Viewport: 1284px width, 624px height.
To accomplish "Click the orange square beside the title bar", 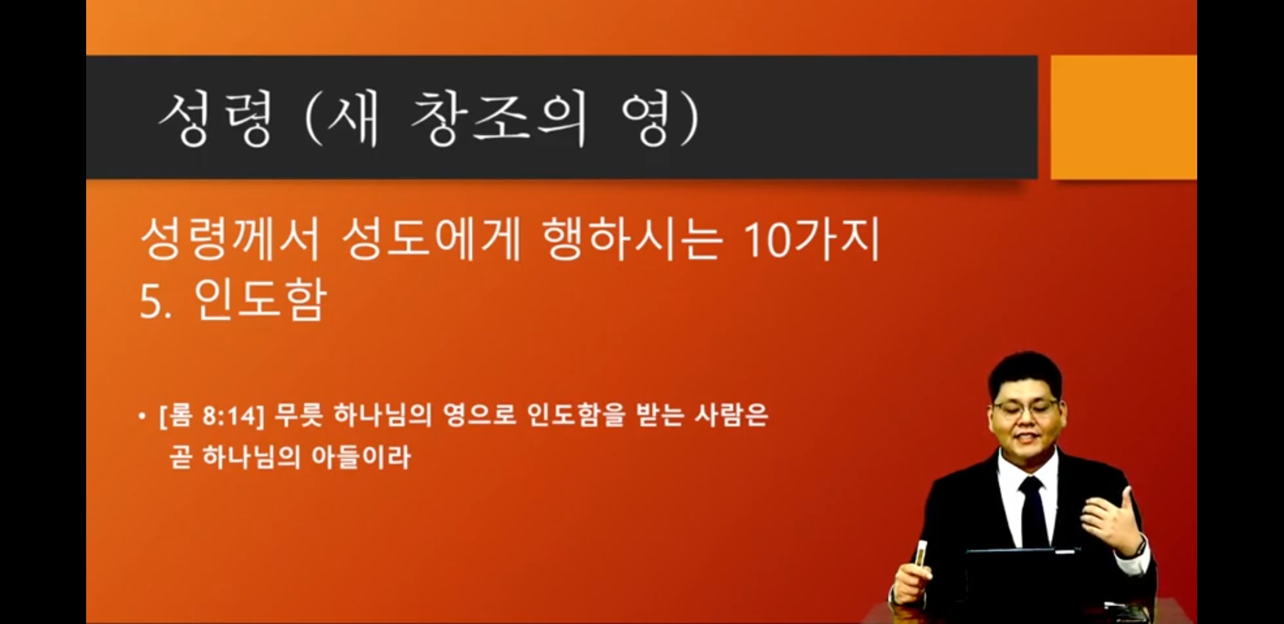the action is tap(1123, 117).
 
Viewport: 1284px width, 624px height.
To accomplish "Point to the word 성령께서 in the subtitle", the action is tap(230, 239).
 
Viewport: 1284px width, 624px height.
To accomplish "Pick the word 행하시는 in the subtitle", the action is tap(633, 239).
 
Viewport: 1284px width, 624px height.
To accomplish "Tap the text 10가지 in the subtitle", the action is tap(811, 239).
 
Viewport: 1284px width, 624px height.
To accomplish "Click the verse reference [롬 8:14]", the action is tap(212, 415).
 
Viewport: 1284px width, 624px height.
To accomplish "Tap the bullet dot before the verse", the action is tap(142, 416).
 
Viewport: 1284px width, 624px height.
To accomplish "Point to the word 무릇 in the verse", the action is tap(298, 415).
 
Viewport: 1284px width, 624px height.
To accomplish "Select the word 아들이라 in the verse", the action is tap(361, 457).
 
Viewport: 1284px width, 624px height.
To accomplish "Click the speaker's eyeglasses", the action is tap(1024, 409).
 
